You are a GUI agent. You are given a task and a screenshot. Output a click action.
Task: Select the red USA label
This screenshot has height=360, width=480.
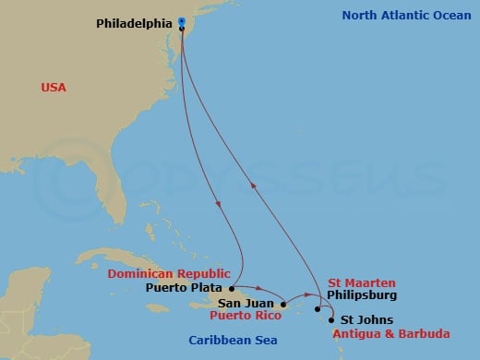point(54,87)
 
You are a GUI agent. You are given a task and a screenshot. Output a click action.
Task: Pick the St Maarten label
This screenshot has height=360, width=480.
point(362,282)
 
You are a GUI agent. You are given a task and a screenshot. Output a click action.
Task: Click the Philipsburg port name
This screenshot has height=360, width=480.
point(362,295)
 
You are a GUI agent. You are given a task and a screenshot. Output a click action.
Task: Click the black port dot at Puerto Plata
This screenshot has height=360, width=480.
point(231,287)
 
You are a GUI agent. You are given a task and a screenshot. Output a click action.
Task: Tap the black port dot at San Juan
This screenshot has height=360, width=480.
point(282,303)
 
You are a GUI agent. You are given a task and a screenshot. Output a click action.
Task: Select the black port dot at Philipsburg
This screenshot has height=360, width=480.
point(318,308)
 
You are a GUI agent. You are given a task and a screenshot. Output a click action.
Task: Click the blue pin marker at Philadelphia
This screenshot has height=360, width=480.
point(182,22)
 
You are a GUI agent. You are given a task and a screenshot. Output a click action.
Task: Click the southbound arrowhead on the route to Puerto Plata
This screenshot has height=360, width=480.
point(217,203)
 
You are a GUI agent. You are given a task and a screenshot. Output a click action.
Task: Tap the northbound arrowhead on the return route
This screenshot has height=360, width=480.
point(254,185)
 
